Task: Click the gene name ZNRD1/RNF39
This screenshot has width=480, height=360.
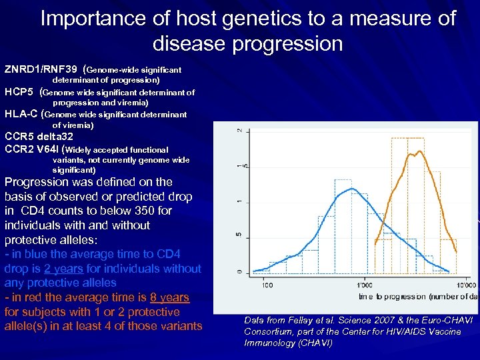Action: [41, 69]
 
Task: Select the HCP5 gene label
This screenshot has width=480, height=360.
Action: [19, 92]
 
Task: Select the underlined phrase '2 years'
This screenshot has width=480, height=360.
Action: [63, 269]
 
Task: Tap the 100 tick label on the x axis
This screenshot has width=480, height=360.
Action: [267, 285]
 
